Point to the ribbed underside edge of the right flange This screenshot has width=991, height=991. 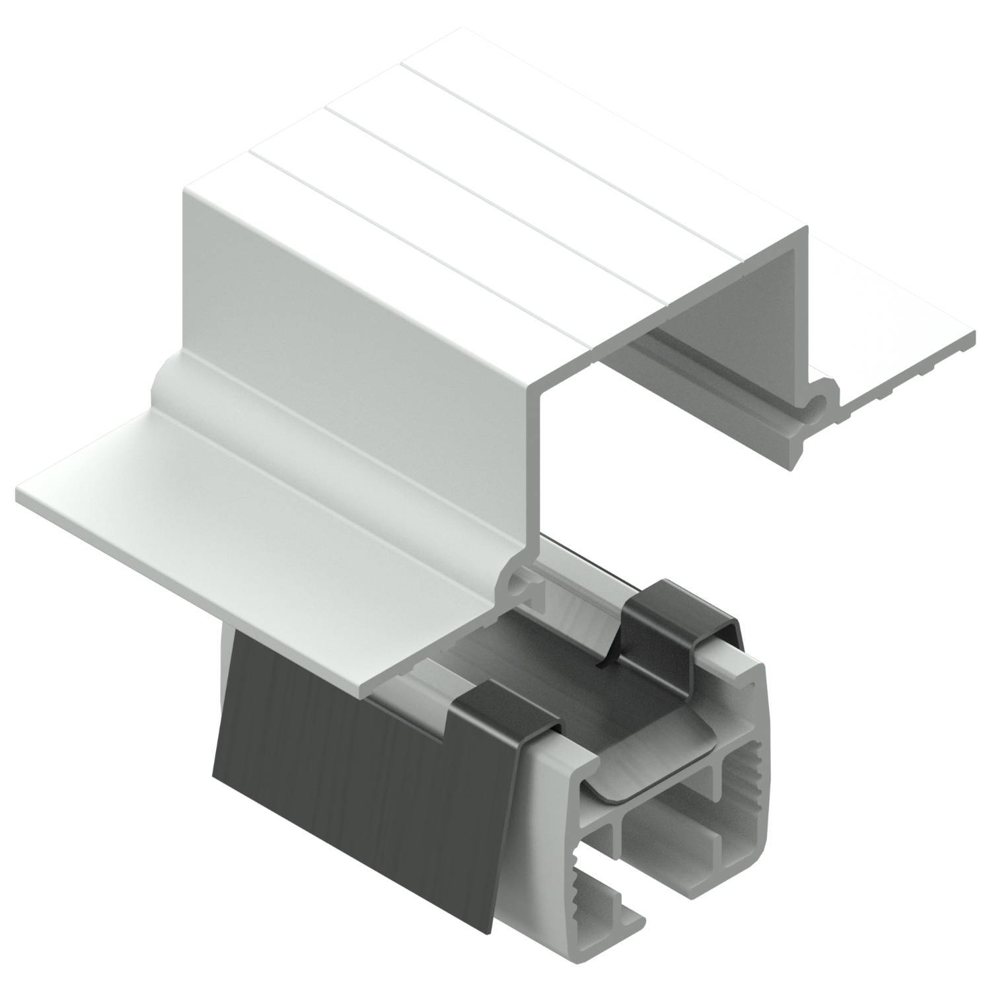[x=912, y=377]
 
